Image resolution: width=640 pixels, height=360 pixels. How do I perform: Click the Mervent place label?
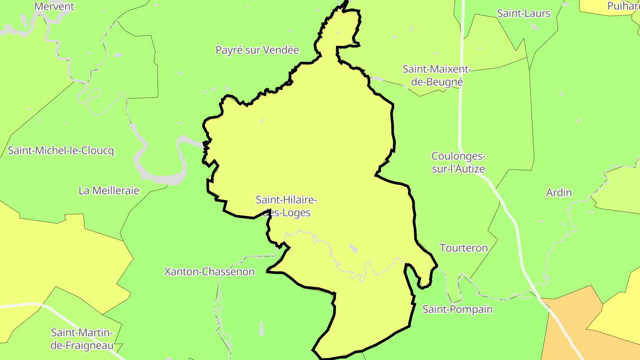pos(54,7)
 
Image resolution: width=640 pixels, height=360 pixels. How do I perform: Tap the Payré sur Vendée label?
pos(257,50)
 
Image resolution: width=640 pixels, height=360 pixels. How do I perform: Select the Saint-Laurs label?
pos(524,13)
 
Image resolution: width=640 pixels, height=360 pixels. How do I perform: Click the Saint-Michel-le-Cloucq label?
pos(61,151)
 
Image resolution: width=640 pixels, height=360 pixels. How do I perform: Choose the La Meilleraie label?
pos(109,191)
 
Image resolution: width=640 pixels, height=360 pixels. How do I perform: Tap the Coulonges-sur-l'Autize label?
pos(458,163)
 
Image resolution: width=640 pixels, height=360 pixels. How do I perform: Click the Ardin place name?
pos(559,193)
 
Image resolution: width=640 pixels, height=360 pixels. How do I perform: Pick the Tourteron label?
pos(464,248)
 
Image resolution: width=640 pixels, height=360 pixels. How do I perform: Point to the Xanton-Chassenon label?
pos(209,272)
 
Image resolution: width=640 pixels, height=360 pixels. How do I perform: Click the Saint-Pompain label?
pos(457,309)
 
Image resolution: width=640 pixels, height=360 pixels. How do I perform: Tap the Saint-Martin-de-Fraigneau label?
pos(82,339)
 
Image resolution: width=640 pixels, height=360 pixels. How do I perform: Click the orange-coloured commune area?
pos(564,329)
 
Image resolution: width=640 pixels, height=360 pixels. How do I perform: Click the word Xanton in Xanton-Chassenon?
pos(180,272)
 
